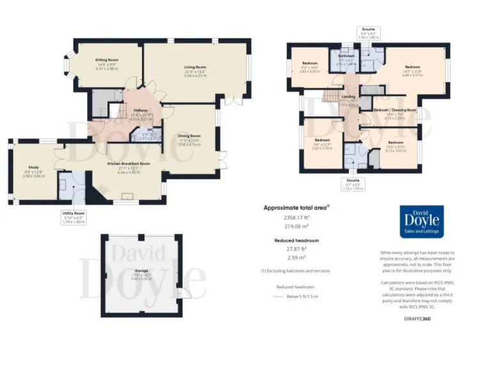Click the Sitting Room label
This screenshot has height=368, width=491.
[108, 59]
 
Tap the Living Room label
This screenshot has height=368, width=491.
[195, 67]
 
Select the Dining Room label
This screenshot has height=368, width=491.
[189, 135]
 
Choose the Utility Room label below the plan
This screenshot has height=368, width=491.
[74, 213]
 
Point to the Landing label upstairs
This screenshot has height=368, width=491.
[348, 96]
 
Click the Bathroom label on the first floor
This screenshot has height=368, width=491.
[346, 56]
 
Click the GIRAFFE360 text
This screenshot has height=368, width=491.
[418, 318]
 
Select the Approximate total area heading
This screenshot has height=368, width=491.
[295, 208]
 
